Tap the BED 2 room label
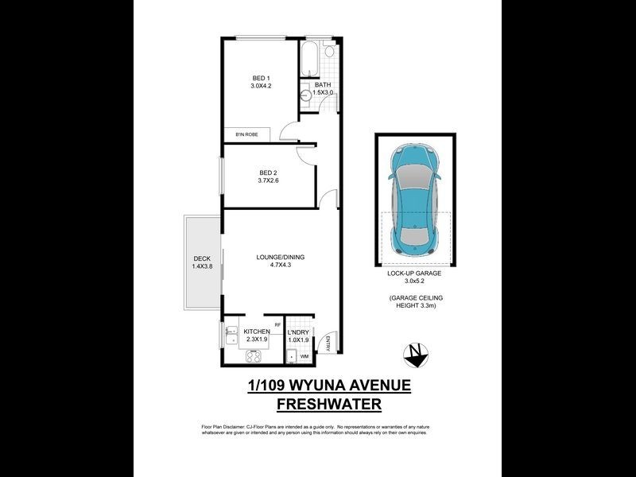[269, 173]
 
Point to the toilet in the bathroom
[330, 52]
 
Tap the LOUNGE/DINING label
[280, 258]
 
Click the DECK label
[201, 258]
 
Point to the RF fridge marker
[277, 324]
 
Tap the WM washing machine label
[304, 357]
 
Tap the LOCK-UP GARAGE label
[414, 273]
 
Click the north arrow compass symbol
[416, 354]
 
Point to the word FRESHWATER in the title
[328, 405]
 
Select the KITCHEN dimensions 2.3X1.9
[257, 340]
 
